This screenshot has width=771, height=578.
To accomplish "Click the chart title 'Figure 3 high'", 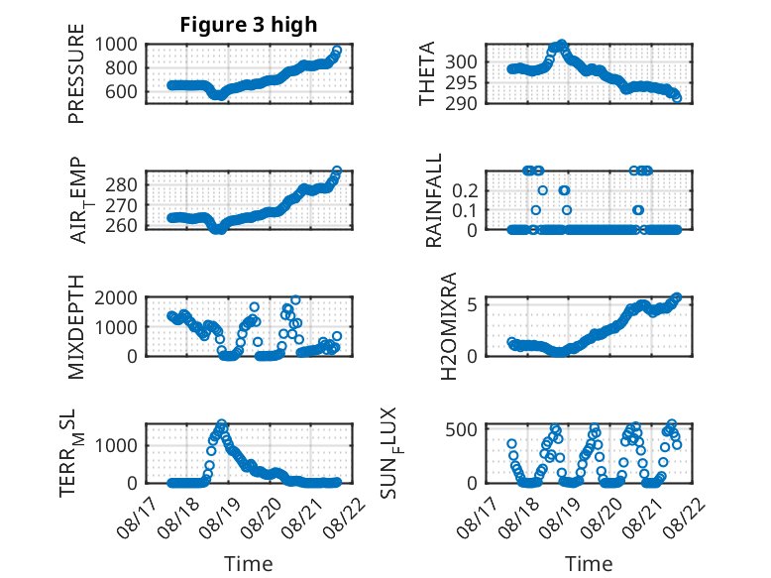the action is click(x=249, y=25).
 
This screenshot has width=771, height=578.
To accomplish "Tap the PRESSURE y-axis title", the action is click(x=76, y=73).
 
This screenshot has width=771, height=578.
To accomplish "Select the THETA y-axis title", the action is click(x=427, y=73).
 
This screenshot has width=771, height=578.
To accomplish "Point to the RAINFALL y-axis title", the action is click(x=434, y=200).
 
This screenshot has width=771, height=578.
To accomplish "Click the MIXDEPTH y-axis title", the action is click(x=76, y=327).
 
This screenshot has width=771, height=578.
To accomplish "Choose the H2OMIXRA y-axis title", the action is click(x=449, y=326).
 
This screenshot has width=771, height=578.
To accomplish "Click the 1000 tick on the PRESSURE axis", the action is click(x=116, y=45).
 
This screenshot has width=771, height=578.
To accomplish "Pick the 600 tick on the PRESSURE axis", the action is click(x=121, y=91).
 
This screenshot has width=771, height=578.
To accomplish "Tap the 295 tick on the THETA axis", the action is click(x=461, y=83).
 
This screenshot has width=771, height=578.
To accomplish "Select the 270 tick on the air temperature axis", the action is click(x=121, y=205).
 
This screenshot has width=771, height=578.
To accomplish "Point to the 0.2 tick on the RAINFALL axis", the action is click(x=465, y=190).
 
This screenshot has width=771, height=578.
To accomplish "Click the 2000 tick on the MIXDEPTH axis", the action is click(x=116, y=297).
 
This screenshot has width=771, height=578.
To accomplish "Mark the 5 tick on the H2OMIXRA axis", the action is click(x=472, y=305).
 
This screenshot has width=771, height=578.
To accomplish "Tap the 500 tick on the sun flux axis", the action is click(x=461, y=429).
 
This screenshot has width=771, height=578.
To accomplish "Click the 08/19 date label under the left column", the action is click(x=219, y=518).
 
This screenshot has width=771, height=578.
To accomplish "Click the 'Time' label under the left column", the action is click(x=249, y=563).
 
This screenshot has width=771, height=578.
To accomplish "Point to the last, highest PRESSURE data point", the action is click(x=337, y=51).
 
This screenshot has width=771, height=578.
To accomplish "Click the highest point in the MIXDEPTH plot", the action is click(x=295, y=299).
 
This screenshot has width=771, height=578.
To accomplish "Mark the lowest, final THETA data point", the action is click(x=677, y=98).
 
